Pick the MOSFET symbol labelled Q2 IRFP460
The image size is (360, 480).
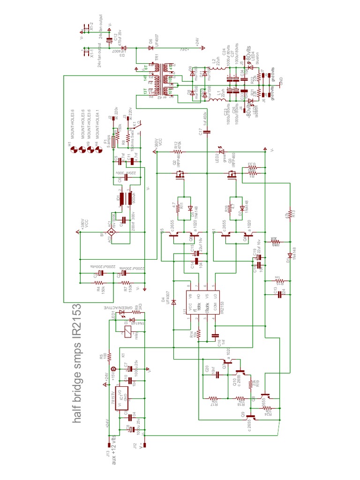[179, 176]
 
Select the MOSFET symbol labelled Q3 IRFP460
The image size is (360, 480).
[232, 176]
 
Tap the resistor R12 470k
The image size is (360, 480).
[178, 152]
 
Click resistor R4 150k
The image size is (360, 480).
[98, 283]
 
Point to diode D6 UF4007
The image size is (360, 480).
[151, 47]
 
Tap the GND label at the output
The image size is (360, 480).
[280, 80]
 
